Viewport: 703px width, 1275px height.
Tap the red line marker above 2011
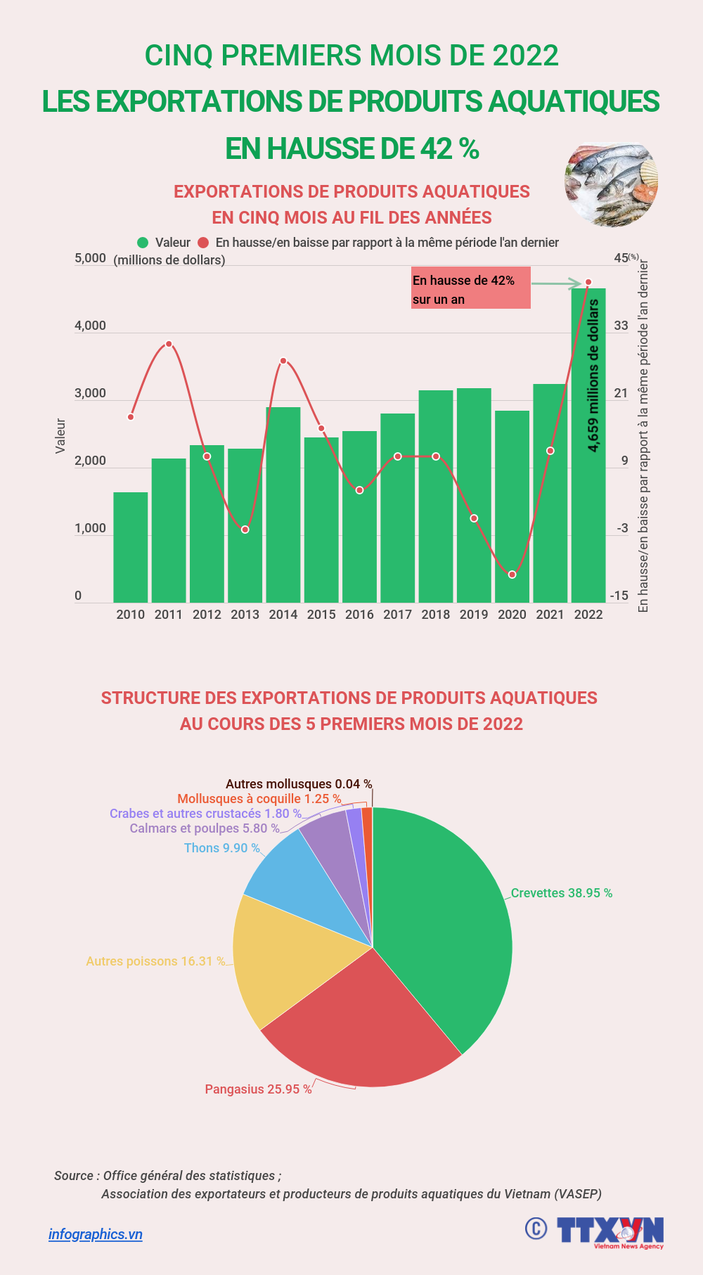pyautogui.click(x=169, y=344)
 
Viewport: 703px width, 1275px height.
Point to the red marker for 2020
pyautogui.click(x=512, y=575)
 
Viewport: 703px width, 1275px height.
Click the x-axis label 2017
pyautogui.click(x=397, y=615)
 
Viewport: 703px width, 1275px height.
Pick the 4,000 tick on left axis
pyautogui.click(x=90, y=326)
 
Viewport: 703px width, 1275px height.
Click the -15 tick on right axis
pyautogui.click(x=619, y=596)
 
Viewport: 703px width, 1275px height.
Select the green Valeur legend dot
pyautogui.click(x=143, y=243)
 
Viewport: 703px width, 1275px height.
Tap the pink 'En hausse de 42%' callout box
pyautogui.click(x=470, y=288)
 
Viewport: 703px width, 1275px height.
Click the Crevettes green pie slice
pyautogui.click(x=450, y=928)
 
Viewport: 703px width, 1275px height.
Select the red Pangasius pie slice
pyautogui.click(x=359, y=1020)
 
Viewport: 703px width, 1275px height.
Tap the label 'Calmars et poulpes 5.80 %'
pyautogui.click(x=204, y=828)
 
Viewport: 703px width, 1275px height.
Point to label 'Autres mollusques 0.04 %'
pyautogui.click(x=299, y=783)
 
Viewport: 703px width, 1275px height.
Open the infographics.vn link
pyautogui.click(x=96, y=1234)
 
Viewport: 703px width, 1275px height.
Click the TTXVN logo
pyautogui.click(x=610, y=1231)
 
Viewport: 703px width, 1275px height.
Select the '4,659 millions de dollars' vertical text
pyautogui.click(x=593, y=376)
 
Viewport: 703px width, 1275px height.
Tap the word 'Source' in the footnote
pyautogui.click(x=73, y=1176)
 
